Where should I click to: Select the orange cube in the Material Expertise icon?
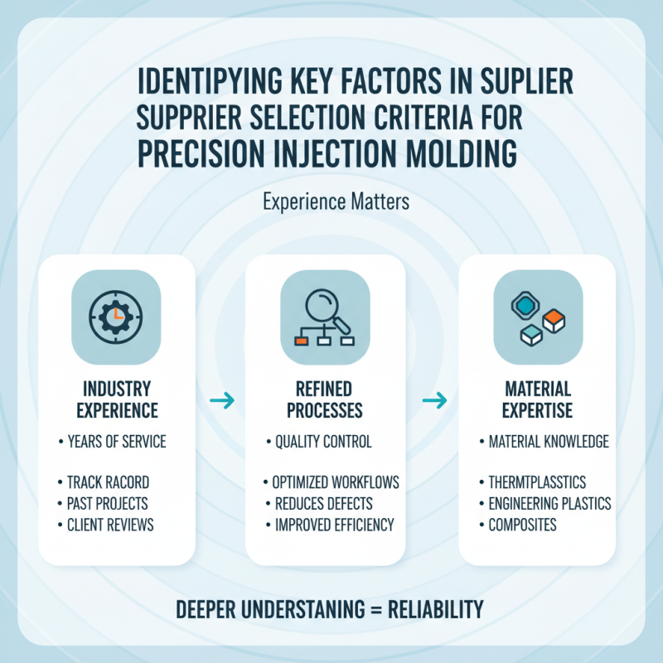point(553,319)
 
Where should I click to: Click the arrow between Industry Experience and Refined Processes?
point(221,402)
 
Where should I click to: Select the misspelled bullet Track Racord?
point(107,482)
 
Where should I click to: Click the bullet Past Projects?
point(108,503)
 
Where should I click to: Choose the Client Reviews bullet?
point(109,525)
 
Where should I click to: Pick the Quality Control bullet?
point(322,442)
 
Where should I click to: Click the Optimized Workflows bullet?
point(336,482)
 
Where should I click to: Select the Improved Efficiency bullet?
point(333,525)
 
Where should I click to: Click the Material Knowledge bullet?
point(548,442)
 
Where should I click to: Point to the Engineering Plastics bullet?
point(549,503)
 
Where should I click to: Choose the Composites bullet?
point(522,525)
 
